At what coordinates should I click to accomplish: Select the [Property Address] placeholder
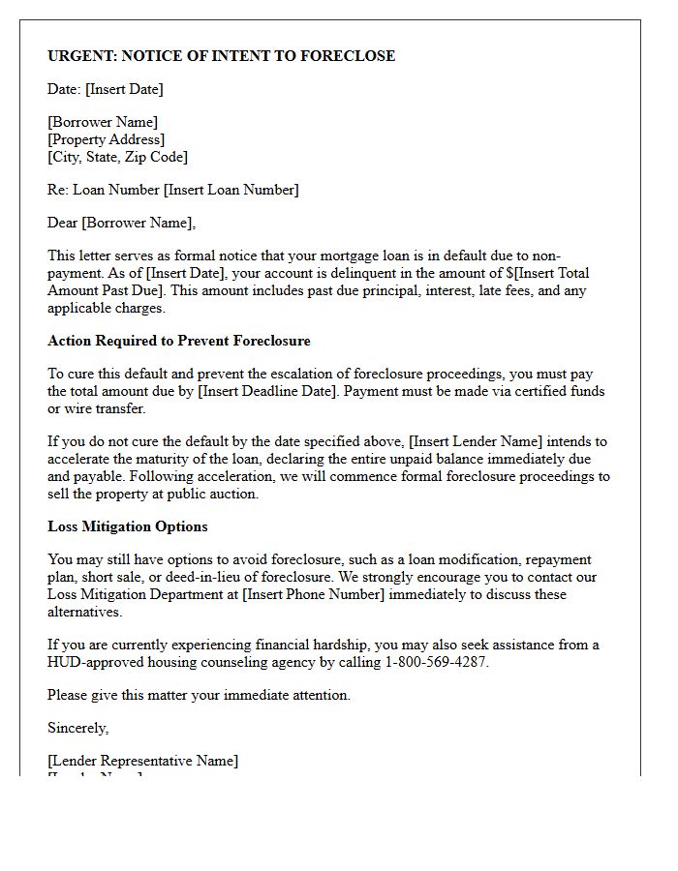click(107, 139)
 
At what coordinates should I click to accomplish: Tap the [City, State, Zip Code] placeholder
click(117, 157)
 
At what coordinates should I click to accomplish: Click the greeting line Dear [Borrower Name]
click(121, 223)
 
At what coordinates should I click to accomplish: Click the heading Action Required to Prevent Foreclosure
click(179, 341)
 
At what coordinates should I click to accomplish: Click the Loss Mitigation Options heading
click(128, 526)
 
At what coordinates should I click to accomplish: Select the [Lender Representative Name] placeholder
click(142, 761)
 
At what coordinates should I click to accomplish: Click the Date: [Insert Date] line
click(106, 89)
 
